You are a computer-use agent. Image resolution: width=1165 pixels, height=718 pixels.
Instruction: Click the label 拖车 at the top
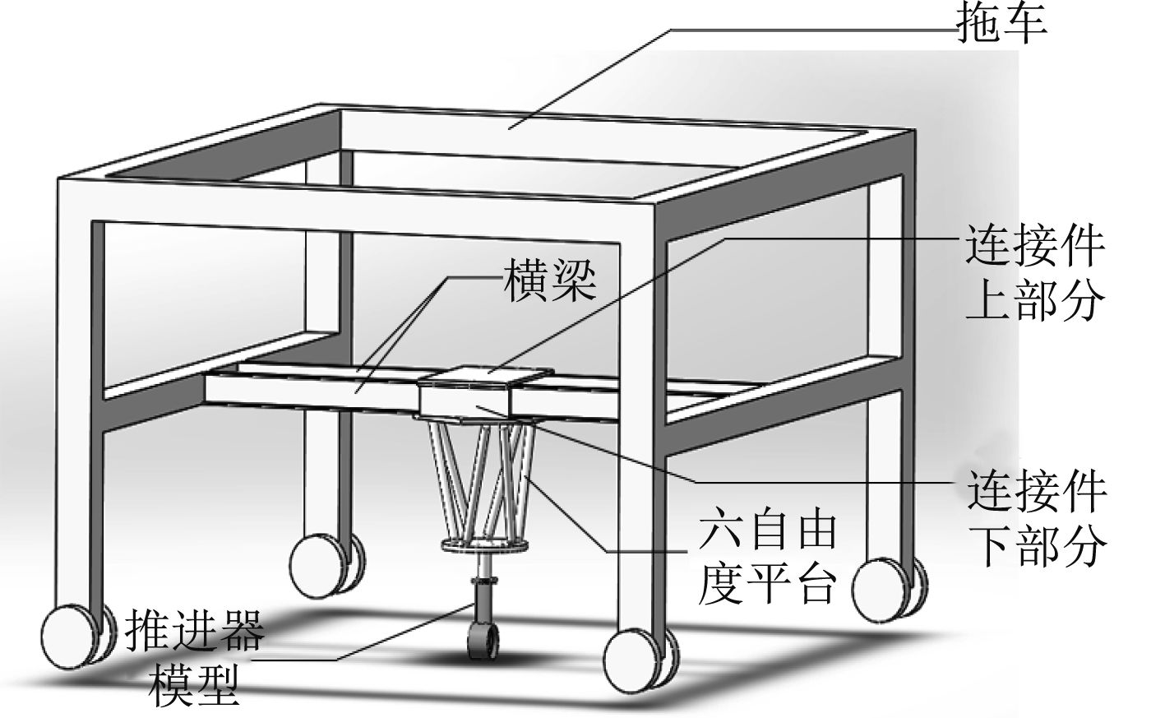coord(1001,24)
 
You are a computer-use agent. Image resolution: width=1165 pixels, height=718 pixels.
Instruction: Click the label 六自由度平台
coord(766,557)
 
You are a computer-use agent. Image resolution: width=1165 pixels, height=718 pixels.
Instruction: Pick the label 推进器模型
coord(195,658)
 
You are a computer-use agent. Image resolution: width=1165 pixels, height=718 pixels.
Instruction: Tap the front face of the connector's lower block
coord(464,402)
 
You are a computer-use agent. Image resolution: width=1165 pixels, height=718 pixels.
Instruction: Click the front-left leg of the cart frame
coord(79,411)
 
